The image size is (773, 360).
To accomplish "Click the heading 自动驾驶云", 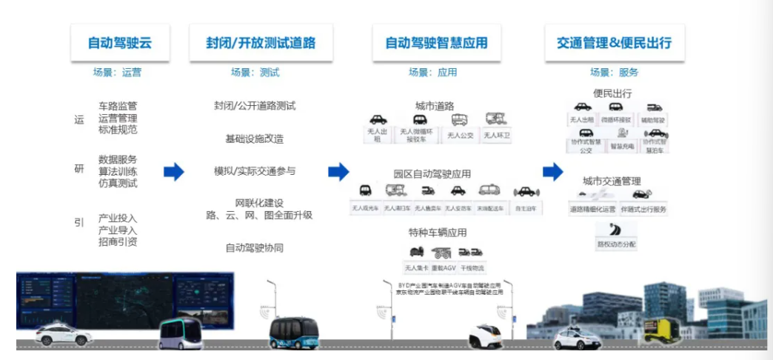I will (120, 43).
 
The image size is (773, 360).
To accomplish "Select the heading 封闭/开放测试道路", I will (261, 43).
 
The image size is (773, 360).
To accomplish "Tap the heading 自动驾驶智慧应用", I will (436, 43).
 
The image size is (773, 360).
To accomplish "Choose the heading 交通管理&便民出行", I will (614, 43).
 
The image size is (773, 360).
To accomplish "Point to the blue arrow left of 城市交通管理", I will (552, 172).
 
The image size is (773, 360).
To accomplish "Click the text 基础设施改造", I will (254, 139).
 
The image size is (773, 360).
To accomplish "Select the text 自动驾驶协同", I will (254, 247).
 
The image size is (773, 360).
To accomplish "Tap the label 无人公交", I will (460, 136).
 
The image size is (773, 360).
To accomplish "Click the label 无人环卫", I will (497, 136).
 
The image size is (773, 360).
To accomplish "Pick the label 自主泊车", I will (526, 209).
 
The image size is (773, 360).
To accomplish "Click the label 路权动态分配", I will (616, 243).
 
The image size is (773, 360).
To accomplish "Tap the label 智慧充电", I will (621, 147).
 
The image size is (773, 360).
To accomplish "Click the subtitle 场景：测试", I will (255, 73).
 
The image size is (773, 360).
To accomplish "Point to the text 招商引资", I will (118, 241).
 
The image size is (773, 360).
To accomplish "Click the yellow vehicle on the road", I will (662, 330).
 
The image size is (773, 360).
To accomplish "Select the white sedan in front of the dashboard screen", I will (63, 333).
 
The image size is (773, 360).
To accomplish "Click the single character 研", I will (79, 169).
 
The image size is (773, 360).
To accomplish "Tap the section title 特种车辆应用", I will (437, 233).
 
